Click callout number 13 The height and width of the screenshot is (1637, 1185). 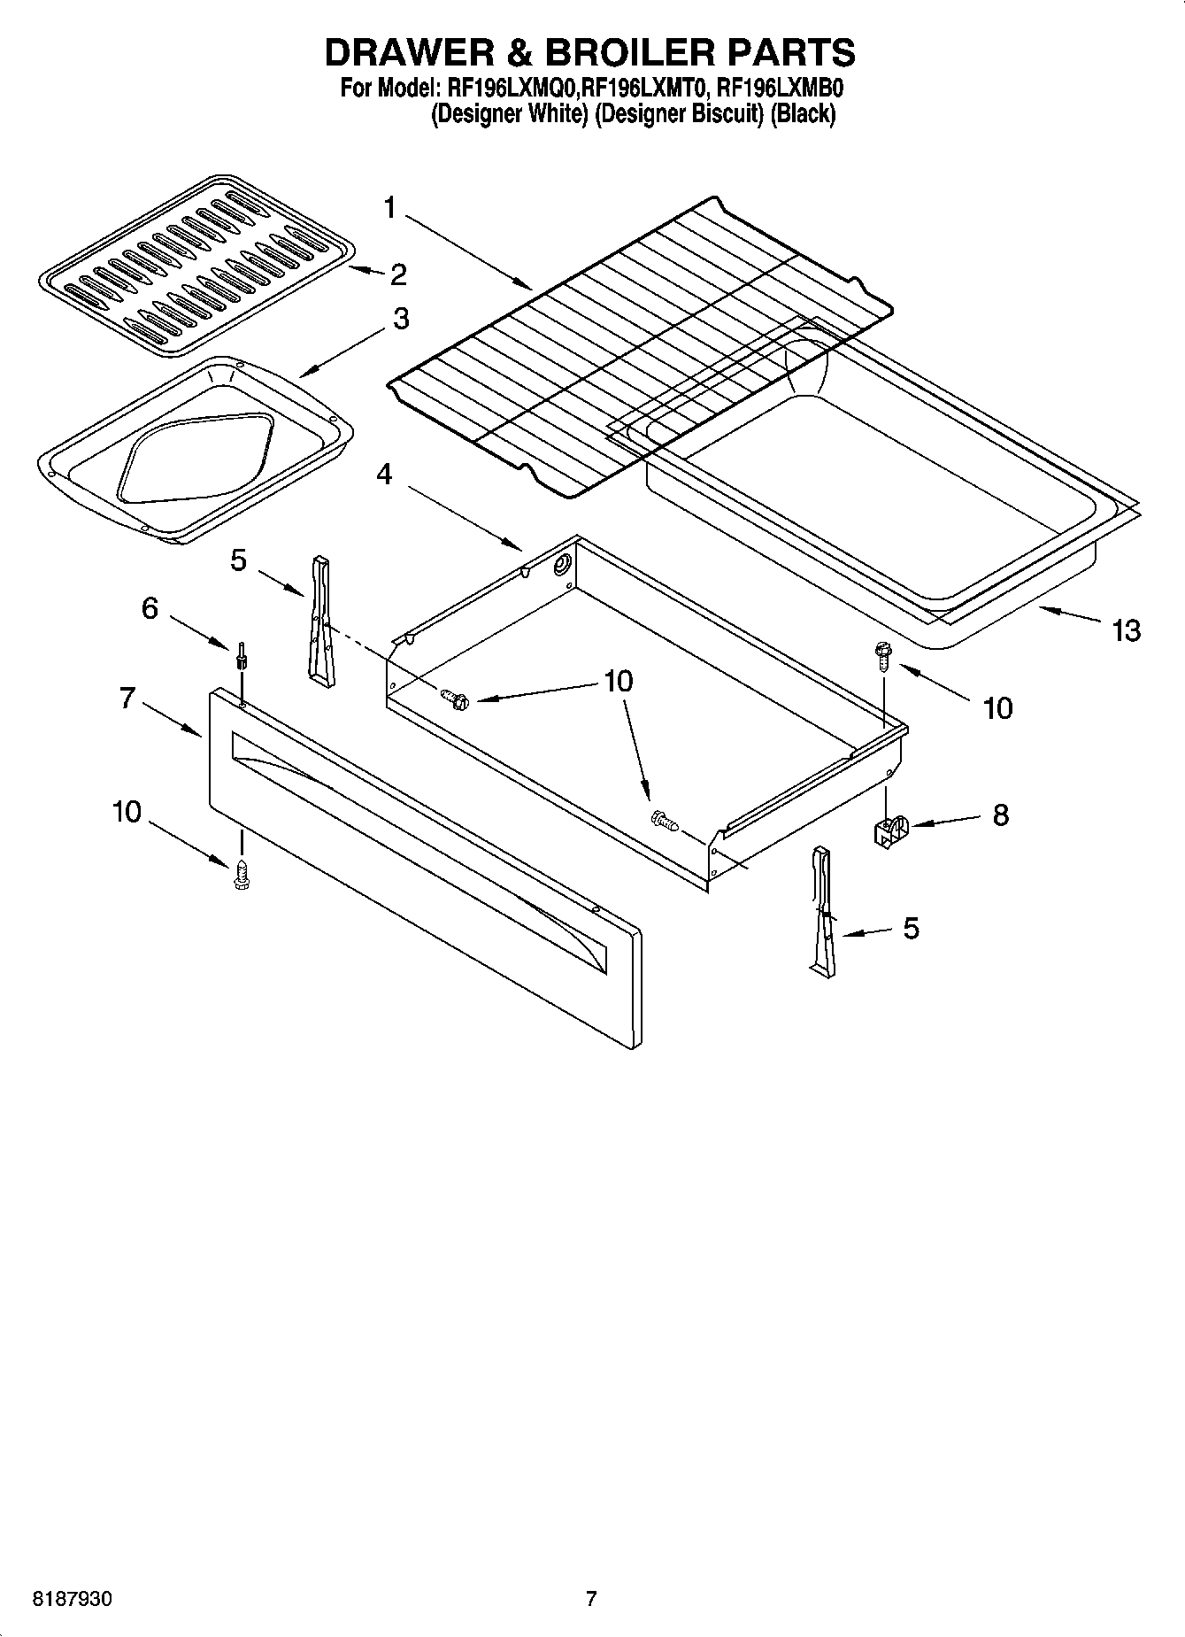[x=1127, y=630]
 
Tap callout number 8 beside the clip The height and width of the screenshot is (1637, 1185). [x=1000, y=815]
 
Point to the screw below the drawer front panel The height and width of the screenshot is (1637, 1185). [x=240, y=876]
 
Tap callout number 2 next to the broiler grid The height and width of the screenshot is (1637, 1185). [x=398, y=274]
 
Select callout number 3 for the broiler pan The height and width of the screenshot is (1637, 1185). [x=401, y=319]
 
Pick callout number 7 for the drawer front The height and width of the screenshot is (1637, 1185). [x=127, y=699]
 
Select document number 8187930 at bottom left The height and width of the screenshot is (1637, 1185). [x=72, y=1599]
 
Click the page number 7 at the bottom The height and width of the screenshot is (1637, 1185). [x=591, y=1599]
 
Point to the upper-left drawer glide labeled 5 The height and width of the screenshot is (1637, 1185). [x=320, y=620]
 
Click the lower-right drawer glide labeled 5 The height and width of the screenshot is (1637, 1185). [x=821, y=912]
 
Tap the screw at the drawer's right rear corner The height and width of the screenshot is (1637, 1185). [x=883, y=653]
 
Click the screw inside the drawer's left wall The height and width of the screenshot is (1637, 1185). [x=457, y=699]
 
